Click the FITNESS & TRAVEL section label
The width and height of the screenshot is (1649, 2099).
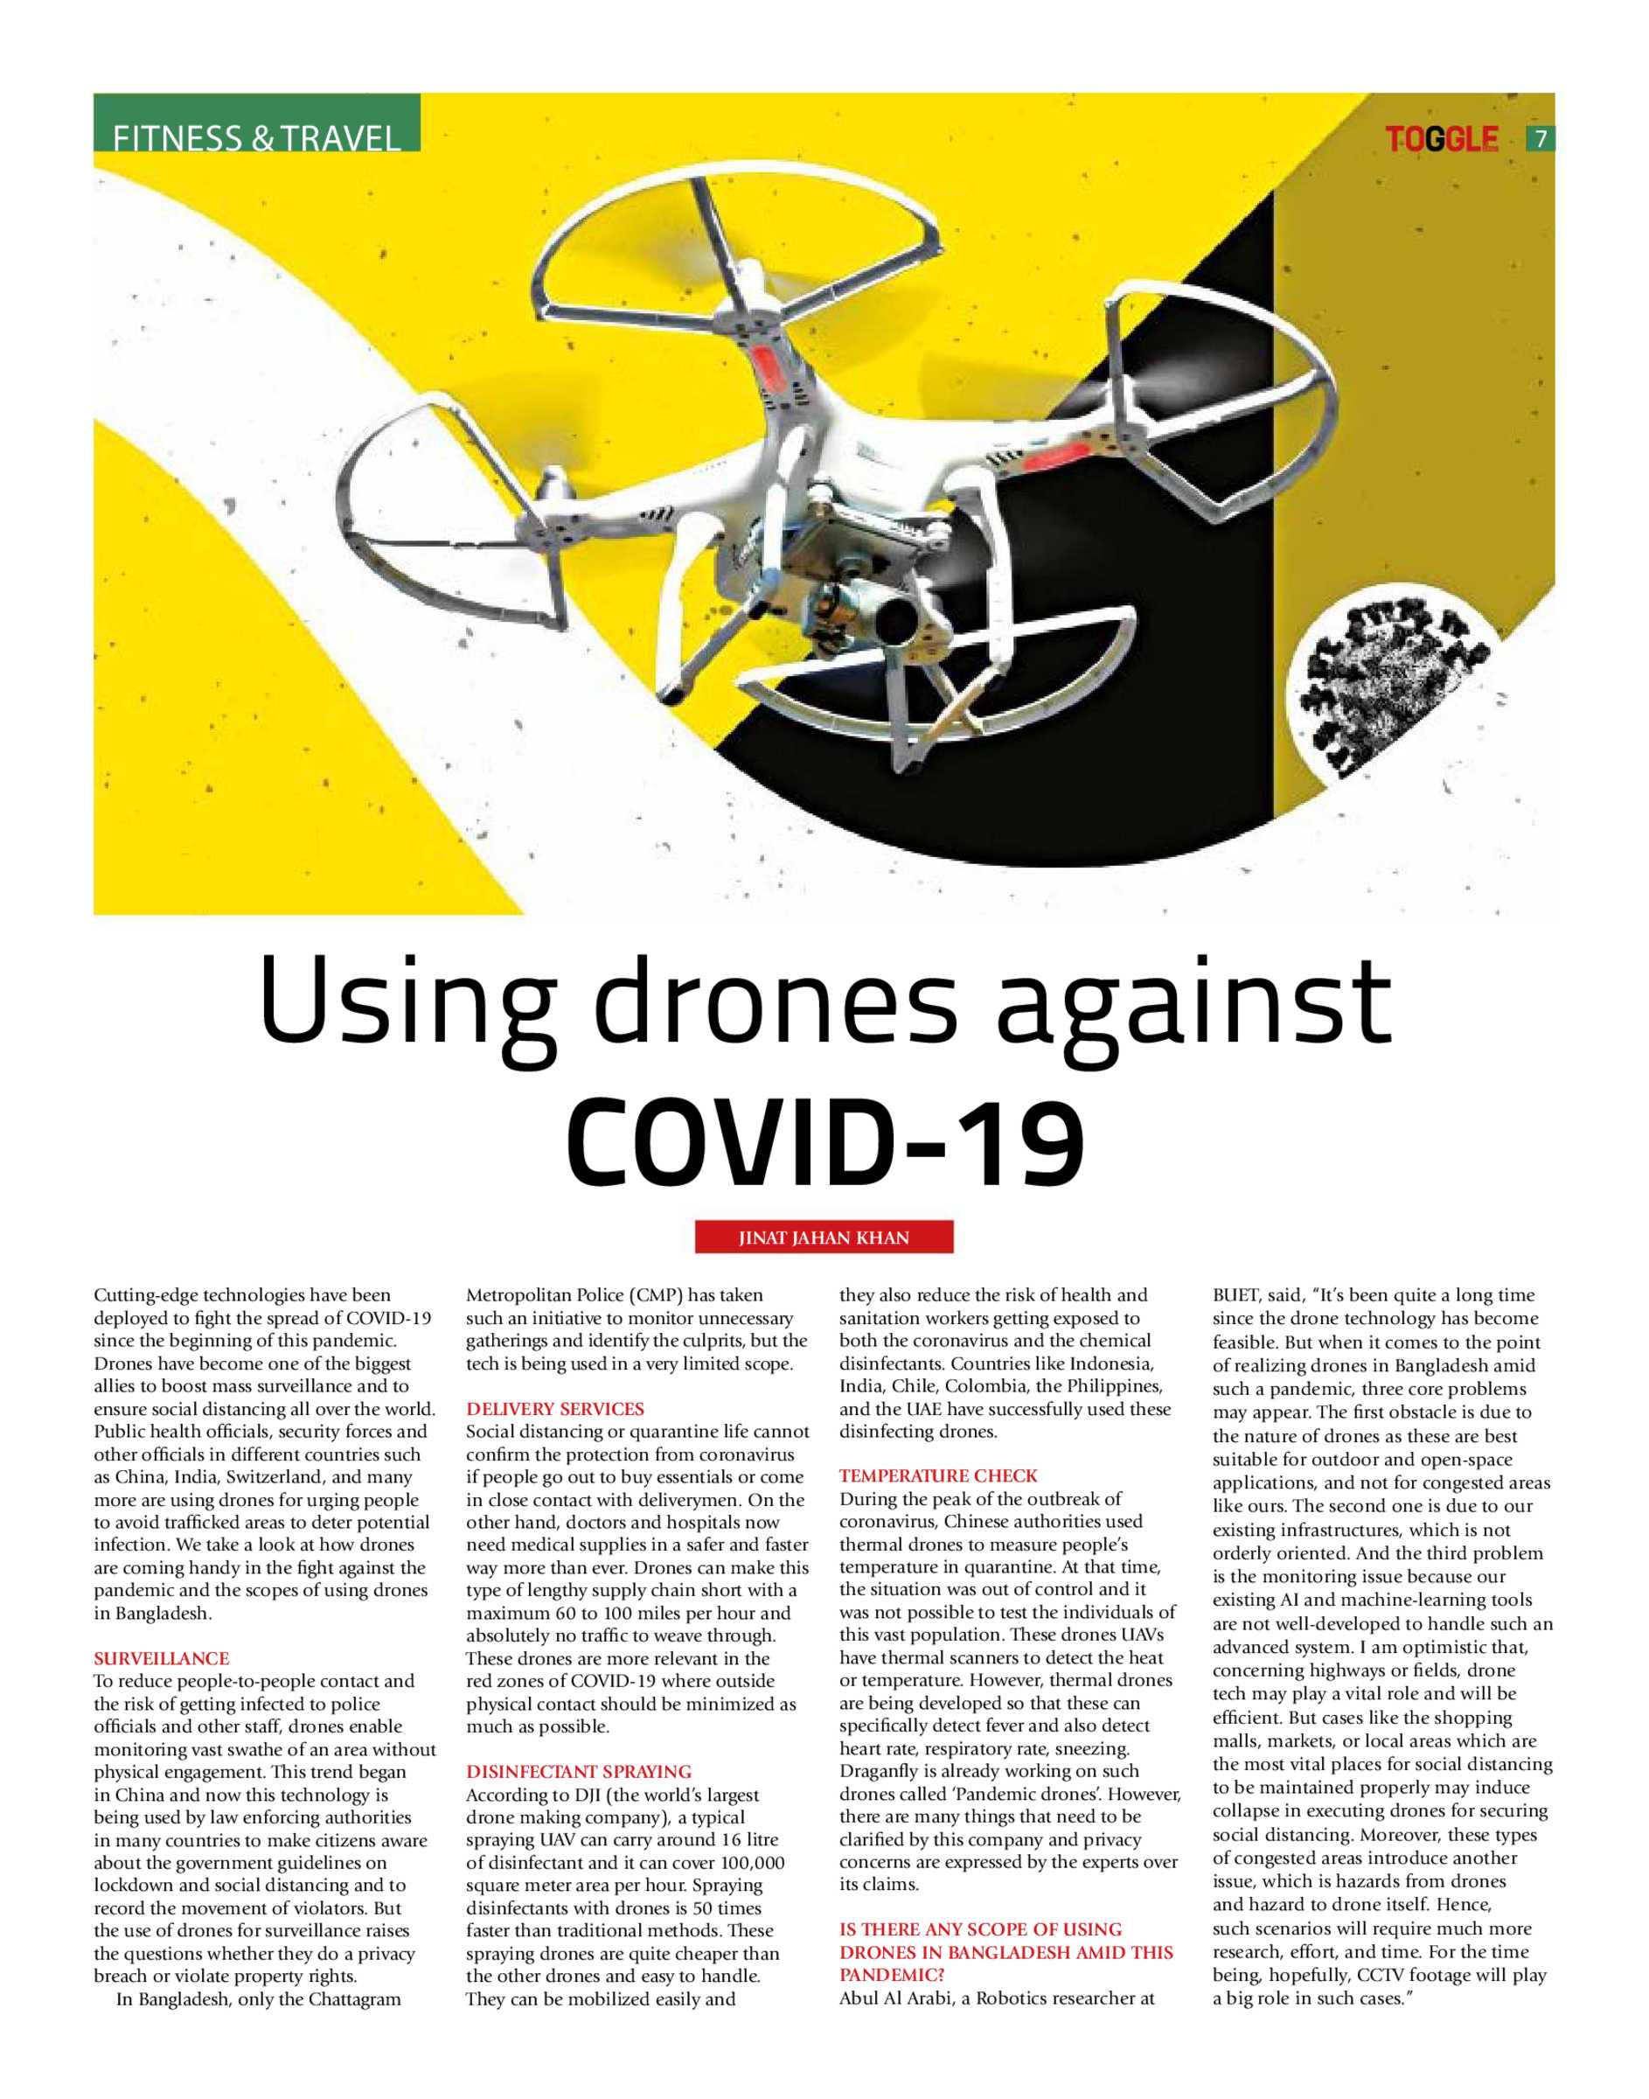(x=256, y=138)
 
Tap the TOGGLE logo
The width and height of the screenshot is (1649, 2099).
(x=1442, y=140)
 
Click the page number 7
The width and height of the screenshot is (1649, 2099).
(x=1541, y=139)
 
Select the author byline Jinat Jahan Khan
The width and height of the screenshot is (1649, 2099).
(x=824, y=1238)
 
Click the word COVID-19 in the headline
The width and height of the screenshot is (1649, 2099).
(x=824, y=1142)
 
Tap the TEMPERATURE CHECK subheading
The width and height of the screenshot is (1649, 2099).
(x=937, y=1475)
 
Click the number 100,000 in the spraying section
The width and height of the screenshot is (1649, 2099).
(x=743, y=1863)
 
